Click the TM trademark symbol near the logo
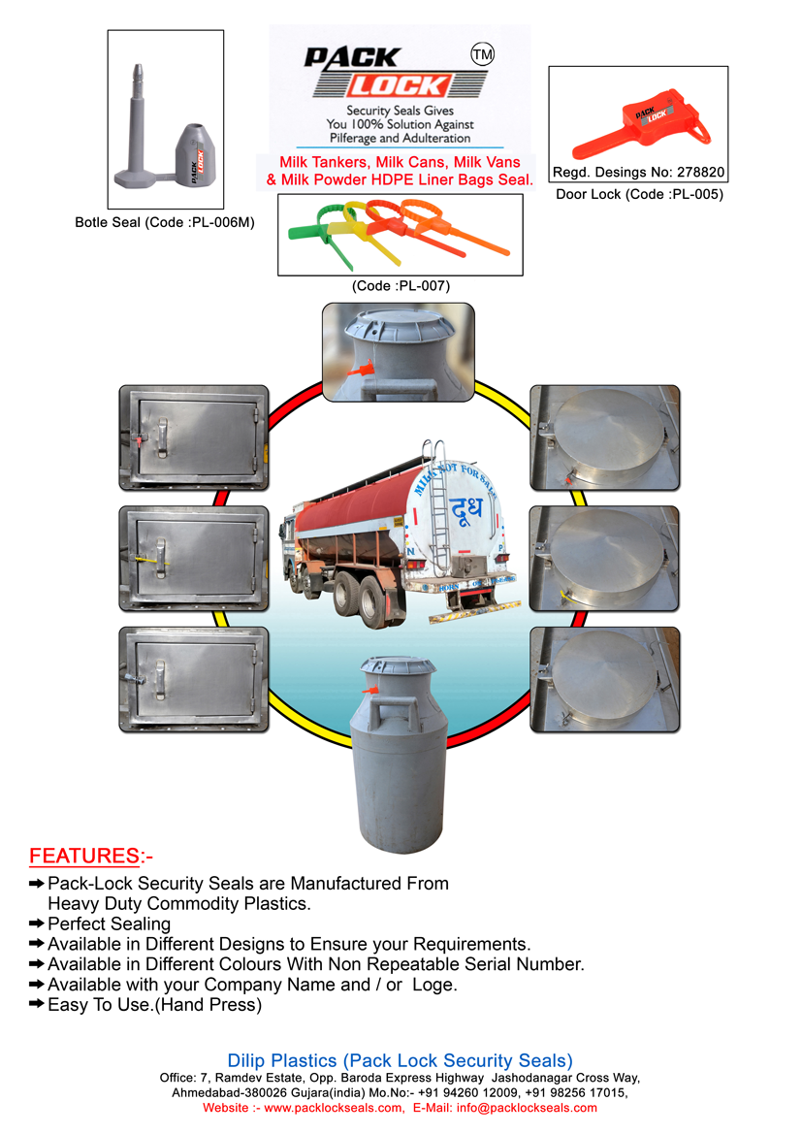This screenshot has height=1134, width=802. point(482,55)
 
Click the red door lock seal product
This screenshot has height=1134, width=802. point(639,122)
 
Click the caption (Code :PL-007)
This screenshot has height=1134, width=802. point(401,285)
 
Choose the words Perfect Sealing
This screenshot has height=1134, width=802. point(109,924)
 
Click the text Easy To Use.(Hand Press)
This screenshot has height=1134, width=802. point(154,1006)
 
